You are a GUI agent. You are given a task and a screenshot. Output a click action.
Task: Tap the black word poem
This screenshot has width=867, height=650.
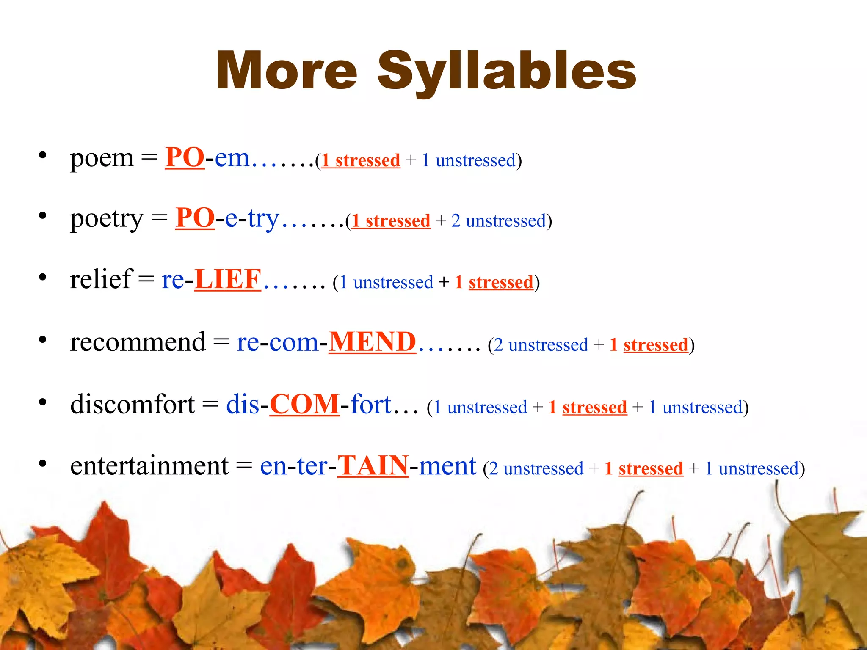click(102, 158)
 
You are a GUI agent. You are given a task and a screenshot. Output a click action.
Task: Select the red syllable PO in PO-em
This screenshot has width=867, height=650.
click(185, 157)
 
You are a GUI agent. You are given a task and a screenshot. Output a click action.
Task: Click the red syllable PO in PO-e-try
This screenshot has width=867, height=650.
click(195, 218)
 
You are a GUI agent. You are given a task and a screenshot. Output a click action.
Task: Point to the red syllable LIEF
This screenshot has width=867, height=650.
click(228, 279)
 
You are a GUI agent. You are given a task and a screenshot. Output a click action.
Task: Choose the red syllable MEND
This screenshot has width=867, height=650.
click(372, 342)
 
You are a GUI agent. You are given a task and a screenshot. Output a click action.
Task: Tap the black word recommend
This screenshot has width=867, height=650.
click(138, 342)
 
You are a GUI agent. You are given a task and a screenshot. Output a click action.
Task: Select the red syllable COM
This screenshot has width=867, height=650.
click(304, 404)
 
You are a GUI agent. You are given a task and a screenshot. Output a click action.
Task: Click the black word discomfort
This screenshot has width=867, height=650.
click(132, 404)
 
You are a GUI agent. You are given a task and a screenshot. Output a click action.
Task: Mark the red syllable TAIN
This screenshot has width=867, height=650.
click(373, 465)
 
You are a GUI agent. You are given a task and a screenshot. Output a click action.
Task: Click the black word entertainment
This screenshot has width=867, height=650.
click(149, 466)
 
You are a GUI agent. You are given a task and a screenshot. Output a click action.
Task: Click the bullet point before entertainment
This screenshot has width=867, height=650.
click(42, 464)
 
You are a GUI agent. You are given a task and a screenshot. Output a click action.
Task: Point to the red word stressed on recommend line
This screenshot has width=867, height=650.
click(655, 345)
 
